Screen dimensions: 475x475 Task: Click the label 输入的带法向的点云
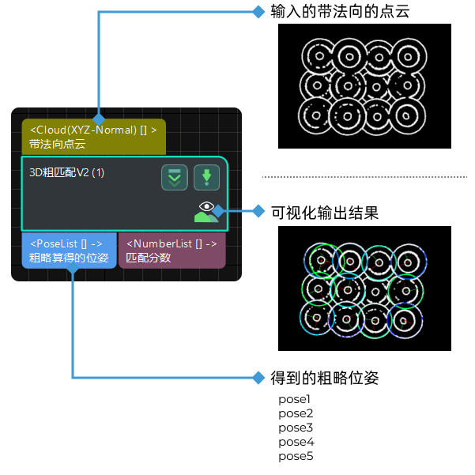tap(340, 12)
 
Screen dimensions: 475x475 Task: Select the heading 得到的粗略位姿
tap(325, 378)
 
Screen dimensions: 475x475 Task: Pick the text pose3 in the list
tap(296, 428)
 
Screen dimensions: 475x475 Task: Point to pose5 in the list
tap(296, 456)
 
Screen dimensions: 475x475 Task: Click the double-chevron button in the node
tap(175, 178)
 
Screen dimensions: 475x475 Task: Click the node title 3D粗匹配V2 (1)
tap(67, 172)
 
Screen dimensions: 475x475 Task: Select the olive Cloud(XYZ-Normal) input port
tap(93, 136)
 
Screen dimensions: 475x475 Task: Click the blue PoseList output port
tap(69, 250)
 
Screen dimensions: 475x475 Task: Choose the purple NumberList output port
tap(172, 250)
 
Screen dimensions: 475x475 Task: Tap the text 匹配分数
tap(149, 257)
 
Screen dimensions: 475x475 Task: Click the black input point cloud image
tap(364, 85)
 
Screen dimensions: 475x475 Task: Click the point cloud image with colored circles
tap(364, 288)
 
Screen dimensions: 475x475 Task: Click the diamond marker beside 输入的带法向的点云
tap(258, 12)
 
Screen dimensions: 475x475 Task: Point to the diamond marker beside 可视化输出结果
tap(258, 211)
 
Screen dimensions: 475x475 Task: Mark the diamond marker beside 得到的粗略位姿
tap(258, 378)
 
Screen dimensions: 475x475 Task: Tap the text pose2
tap(296, 413)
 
